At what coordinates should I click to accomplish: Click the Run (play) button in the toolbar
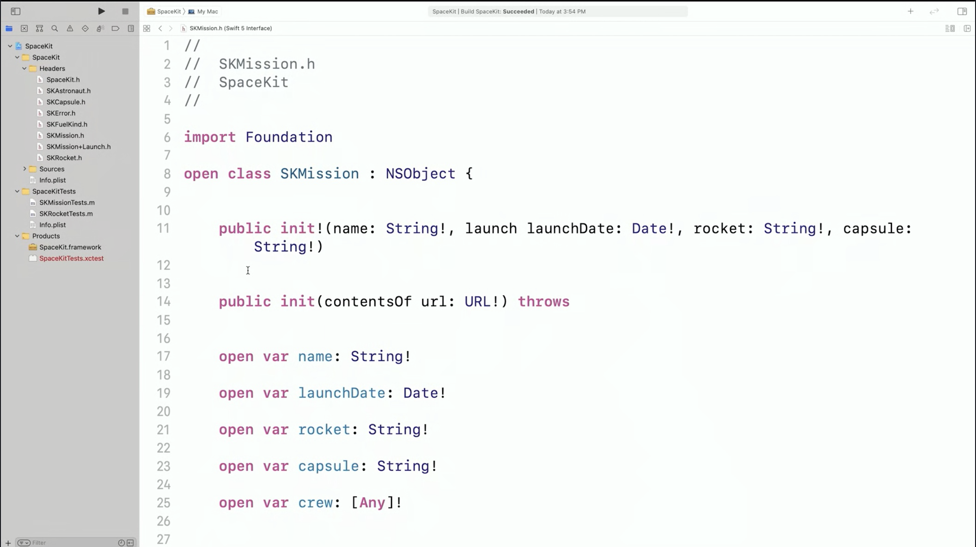(101, 11)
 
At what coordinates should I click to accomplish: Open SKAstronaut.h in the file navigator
(68, 91)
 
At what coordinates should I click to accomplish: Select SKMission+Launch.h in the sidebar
(79, 146)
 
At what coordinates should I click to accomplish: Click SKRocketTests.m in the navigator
(66, 213)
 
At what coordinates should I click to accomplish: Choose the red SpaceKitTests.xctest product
(72, 258)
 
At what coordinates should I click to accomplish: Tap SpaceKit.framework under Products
(70, 247)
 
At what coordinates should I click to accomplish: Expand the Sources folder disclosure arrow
(24, 169)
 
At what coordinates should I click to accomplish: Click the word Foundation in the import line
(289, 137)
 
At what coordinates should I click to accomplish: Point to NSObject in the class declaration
(421, 174)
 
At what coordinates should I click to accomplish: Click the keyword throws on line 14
(543, 302)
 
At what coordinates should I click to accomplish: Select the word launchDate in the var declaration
(342, 393)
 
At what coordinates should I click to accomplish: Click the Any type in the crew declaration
(372, 503)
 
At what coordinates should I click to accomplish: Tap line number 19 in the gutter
(164, 393)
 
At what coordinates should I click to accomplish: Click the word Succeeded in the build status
(518, 12)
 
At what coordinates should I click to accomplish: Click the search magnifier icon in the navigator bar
(55, 29)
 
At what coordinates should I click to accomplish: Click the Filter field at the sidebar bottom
(69, 542)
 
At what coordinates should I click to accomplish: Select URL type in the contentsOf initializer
(477, 302)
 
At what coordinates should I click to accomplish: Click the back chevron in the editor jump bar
(160, 29)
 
